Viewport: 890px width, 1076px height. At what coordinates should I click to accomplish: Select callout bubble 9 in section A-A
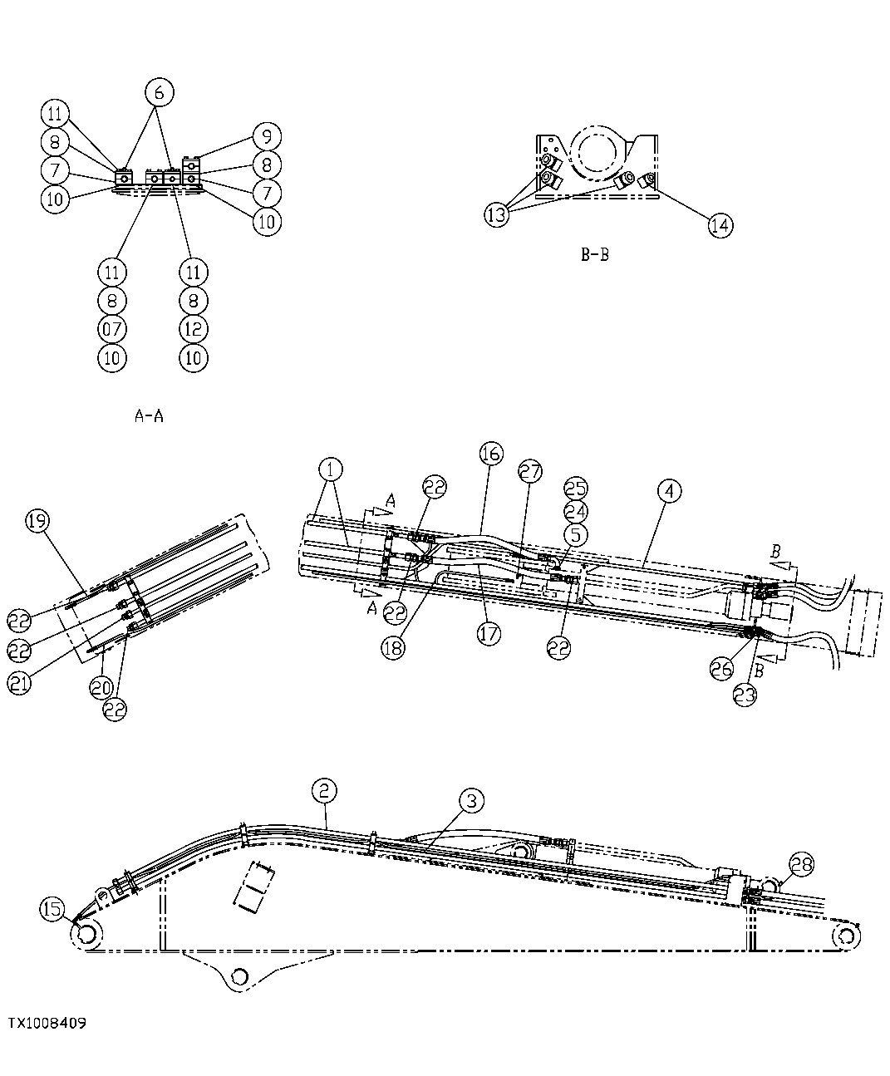coord(267,136)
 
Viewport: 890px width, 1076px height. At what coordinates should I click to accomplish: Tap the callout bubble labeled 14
coord(720,224)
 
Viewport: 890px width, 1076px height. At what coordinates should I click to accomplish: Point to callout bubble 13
coord(497,214)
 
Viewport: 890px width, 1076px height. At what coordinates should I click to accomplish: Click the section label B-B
coord(594,255)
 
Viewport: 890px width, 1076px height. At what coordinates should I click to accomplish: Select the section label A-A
coord(149,416)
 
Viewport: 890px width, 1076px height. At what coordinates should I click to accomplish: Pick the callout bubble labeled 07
coord(112,329)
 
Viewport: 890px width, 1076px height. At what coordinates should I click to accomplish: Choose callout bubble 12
coord(193,329)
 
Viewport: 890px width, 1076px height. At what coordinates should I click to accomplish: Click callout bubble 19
coord(37,521)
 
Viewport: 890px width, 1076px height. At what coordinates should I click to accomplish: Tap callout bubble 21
coord(21,682)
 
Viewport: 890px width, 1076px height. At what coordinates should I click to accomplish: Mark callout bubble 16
coord(491,453)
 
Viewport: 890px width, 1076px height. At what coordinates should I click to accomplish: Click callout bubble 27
coord(529,471)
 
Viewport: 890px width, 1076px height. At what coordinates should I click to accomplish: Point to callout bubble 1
coord(331,470)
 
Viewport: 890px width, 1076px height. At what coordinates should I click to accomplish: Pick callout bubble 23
coord(745,694)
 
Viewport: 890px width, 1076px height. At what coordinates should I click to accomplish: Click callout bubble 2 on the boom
coord(325,790)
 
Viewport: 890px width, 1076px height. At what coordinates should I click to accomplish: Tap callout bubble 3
coord(470,801)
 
